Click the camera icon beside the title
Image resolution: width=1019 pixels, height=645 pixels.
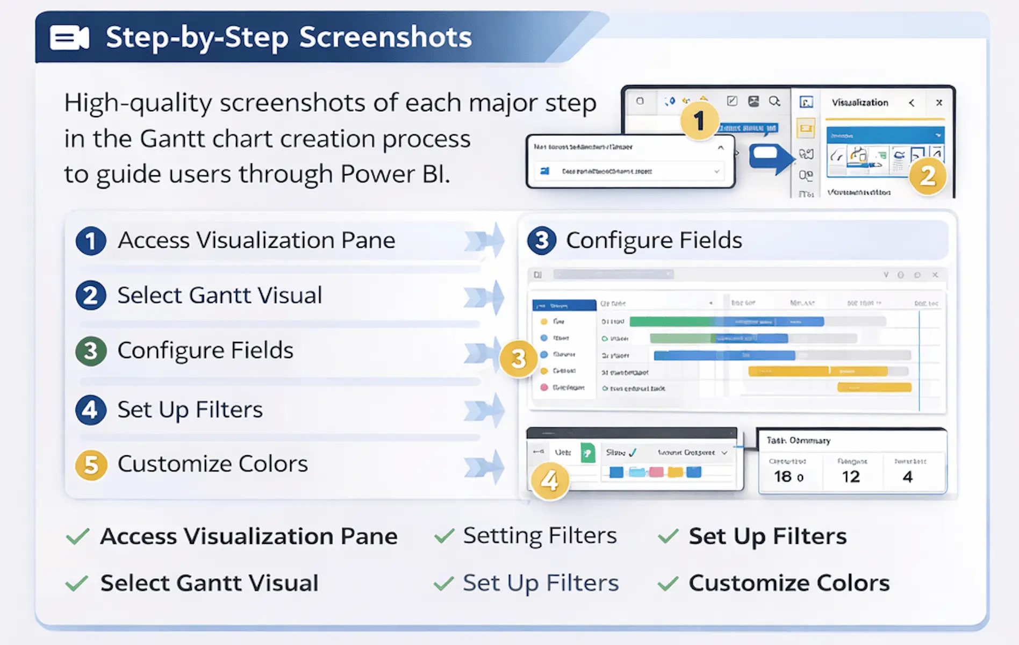[69, 38]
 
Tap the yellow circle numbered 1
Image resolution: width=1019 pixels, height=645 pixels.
[699, 120]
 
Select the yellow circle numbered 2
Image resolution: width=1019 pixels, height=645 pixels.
[928, 176]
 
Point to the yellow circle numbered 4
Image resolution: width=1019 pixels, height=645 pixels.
[549, 480]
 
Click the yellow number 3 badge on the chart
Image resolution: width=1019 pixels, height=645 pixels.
[518, 359]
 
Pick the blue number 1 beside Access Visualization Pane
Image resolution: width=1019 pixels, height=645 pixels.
[90, 241]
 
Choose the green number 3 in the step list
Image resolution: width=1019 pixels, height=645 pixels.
[90, 351]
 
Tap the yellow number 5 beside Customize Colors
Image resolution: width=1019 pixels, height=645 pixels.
[91, 464]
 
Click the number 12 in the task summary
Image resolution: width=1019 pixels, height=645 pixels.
[851, 477]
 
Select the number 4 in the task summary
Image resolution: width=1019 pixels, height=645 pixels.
[908, 477]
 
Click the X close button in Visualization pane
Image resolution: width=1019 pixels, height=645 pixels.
[939, 103]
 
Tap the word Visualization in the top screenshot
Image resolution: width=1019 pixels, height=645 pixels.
[860, 103]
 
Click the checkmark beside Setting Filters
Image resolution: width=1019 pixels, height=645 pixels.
[444, 536]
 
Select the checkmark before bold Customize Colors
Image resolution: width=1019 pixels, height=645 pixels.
[668, 583]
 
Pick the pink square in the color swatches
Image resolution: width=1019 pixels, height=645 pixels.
[656, 472]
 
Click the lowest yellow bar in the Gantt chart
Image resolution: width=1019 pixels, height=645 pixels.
[874, 387]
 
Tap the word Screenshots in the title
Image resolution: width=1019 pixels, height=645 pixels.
[385, 38]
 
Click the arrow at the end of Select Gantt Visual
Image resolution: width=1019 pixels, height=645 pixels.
[485, 296]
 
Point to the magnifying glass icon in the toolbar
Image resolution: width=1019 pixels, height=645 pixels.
[774, 101]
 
